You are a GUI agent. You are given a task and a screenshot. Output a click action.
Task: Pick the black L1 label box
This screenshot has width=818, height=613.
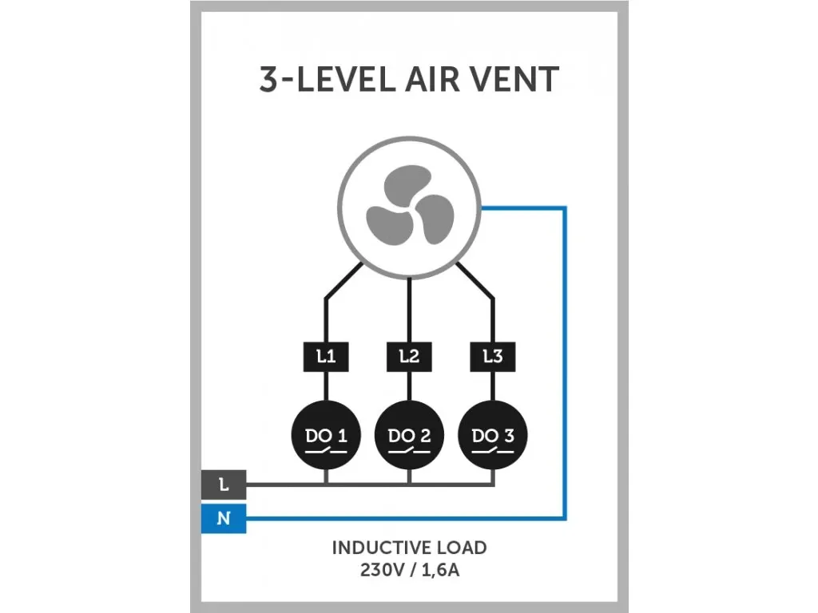coord(326,357)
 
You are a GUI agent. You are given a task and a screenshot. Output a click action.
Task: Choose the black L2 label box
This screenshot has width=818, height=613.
coord(409,357)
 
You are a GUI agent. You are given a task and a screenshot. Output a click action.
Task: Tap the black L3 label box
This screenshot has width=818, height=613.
coord(493,357)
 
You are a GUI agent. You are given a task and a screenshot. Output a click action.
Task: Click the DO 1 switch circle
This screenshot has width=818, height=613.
coord(326,436)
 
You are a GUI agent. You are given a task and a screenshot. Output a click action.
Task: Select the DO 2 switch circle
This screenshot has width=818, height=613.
coord(409,436)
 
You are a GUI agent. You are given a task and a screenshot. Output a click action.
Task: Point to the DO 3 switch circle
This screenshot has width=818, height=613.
coord(493,436)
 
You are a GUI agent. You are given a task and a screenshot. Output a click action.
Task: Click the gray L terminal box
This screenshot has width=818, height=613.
coord(224,484)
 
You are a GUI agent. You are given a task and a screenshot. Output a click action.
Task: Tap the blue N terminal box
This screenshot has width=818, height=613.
coord(224,519)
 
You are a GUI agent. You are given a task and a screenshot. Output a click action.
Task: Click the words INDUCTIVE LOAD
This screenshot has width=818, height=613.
coord(409,548)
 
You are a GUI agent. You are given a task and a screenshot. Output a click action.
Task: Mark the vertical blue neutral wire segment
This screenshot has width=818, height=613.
coord(566,359)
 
